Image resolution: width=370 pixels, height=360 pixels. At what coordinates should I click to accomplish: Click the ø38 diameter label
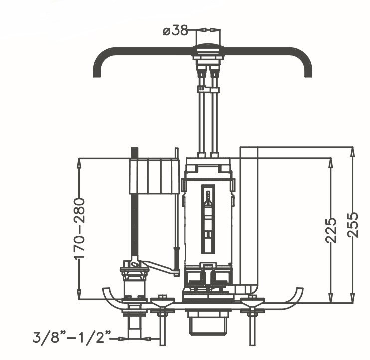coord(176,31)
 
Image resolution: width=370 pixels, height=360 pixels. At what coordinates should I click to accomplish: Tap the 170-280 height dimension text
coord(79,229)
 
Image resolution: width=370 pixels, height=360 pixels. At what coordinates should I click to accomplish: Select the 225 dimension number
coord(331,230)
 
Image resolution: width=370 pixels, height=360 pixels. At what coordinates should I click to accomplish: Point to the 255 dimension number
coord(353,225)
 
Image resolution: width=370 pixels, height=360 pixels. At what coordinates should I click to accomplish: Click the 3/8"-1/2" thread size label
coord(72,337)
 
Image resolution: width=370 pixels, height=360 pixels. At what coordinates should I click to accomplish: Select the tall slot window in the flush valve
coord(208,219)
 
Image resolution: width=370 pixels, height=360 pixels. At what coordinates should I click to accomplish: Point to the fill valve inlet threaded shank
coord(134,327)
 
